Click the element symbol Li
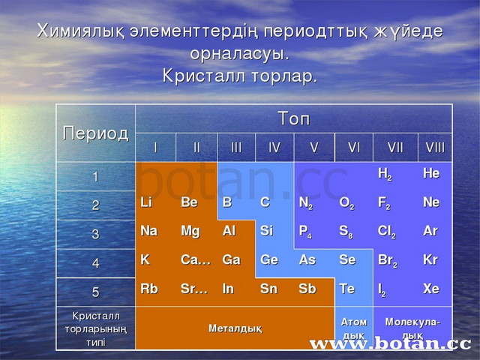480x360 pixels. coord(146,202)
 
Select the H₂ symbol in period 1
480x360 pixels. coord(385,174)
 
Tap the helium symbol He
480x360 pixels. coord(431,173)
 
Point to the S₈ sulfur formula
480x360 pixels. coord(346,232)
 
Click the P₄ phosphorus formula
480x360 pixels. coord(305,232)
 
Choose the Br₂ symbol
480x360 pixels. coord(388,260)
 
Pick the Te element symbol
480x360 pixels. coord(346,289)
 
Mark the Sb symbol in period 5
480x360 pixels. coord(307,289)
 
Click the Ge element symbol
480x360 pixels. coord(269,260)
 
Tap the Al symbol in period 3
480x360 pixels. coord(229,231)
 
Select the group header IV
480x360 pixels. coord(274,148)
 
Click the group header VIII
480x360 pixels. coord(435,148)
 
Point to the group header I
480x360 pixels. coord(155,148)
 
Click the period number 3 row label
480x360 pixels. coord(95,234)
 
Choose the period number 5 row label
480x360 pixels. coord(95,292)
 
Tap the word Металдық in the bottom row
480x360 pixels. coord(235,328)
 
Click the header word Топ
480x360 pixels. coord(294,118)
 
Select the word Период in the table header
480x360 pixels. coord(95,133)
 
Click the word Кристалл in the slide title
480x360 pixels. coord(204,76)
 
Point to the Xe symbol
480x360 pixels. coord(431,289)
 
